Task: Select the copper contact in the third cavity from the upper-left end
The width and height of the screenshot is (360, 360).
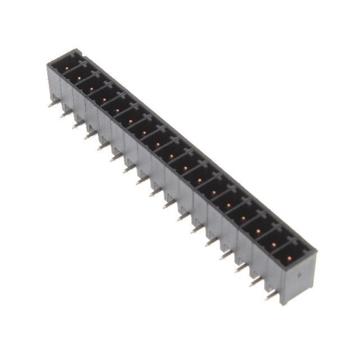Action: pos(92,85)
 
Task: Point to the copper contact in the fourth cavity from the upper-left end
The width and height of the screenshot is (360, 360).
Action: pos(105,97)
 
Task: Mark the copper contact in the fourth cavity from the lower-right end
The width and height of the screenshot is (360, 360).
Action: pos(244,217)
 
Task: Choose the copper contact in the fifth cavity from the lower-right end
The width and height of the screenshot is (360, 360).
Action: pos(229,205)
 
